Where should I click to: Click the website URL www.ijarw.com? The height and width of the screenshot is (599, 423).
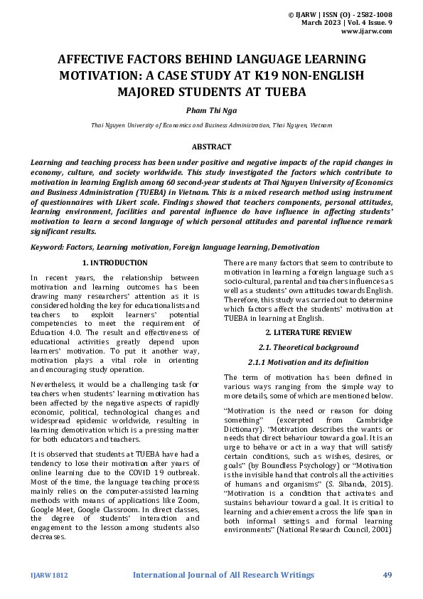(367, 31)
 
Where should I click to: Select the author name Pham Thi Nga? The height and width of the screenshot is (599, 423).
(211, 110)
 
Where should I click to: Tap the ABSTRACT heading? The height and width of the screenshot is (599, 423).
(211, 147)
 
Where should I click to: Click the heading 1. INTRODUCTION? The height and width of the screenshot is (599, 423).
(115, 263)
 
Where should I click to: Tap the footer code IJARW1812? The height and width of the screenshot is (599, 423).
(48, 574)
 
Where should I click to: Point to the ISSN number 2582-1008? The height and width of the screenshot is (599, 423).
(372, 14)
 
